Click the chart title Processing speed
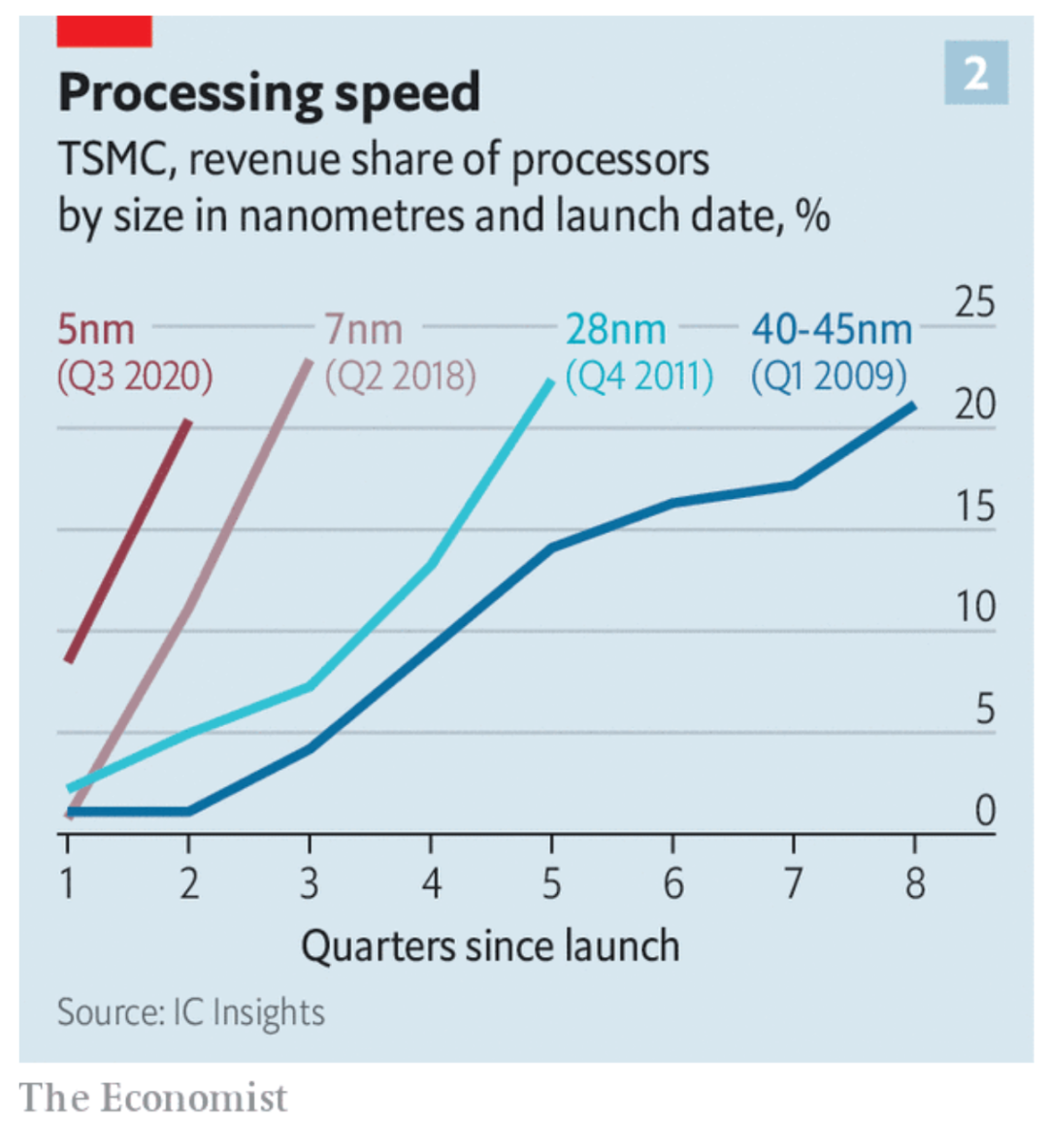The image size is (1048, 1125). click(269, 94)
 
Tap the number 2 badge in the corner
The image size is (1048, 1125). click(975, 73)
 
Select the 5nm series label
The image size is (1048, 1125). click(96, 330)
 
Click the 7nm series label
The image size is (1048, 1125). click(364, 330)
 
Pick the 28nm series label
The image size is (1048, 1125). click(615, 330)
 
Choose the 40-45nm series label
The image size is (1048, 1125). click(832, 330)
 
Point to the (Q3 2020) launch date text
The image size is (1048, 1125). click(135, 376)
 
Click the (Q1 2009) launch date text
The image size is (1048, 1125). click(829, 376)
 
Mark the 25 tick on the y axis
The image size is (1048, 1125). click(974, 303)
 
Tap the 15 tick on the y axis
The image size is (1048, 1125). click(974, 506)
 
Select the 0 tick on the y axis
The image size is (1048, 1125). click(984, 810)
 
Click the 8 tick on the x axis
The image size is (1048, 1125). click(914, 883)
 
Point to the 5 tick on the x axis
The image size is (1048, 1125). click(551, 883)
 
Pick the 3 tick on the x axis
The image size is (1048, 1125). click(309, 883)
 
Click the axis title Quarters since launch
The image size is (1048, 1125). click(490, 945)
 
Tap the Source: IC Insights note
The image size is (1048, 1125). click(190, 1012)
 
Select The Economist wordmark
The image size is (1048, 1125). click(153, 1098)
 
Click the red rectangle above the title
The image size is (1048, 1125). click(104, 31)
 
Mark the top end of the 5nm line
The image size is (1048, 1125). click(188, 422)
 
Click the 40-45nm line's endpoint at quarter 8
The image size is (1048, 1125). click(913, 405)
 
